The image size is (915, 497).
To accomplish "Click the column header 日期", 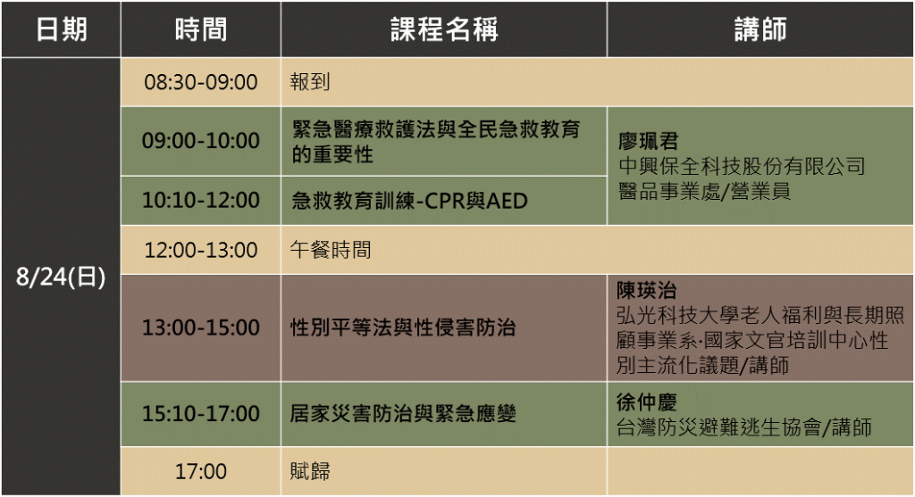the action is [62, 29].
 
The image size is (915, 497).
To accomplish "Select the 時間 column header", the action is [201, 29].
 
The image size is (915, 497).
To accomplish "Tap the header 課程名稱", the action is [444, 29].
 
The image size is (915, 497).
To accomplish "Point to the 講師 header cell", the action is [760, 29].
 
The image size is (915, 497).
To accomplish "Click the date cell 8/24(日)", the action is [61, 277].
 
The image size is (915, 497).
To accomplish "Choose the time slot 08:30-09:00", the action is [201, 82].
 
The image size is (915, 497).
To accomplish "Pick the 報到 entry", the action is [310, 81].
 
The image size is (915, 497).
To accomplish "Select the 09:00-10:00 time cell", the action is [201, 141].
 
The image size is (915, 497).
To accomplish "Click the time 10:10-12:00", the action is [201, 201].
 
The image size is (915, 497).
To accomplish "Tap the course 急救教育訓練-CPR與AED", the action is [409, 201].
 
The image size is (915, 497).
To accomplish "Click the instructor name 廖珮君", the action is [649, 142].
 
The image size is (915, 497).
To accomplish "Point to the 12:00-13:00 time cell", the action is [201, 250].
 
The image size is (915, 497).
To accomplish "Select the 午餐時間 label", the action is [331, 250].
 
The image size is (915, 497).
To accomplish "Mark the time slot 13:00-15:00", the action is [201, 327].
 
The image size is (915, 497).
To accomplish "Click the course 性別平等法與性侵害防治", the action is [403, 327].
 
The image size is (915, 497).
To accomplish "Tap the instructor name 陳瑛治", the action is [647, 290].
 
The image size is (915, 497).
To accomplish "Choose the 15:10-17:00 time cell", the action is [201, 414].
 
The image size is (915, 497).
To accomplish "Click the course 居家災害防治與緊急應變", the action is [403, 414].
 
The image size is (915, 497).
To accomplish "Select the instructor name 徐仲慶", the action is [647, 402].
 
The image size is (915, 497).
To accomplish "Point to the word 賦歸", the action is [310, 471].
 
